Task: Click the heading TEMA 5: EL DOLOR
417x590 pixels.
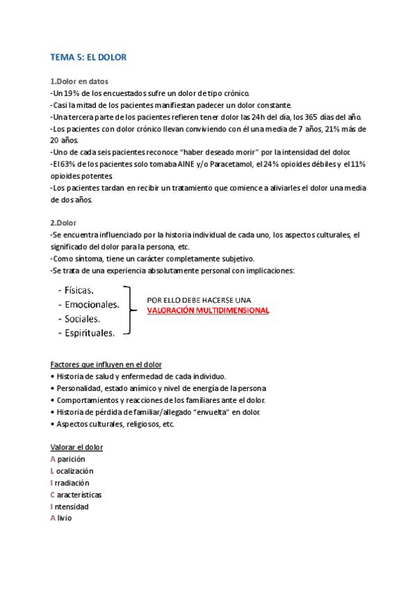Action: [x=88, y=57]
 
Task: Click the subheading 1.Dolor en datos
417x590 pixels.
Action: [x=79, y=81]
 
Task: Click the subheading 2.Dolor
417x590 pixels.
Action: [x=64, y=223]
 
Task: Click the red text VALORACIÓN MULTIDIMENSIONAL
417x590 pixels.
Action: [x=208, y=311]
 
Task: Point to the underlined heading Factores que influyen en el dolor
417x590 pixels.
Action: [x=106, y=365]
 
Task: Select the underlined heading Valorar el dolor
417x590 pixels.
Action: [x=76, y=447]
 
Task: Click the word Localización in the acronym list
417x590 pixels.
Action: [x=74, y=470]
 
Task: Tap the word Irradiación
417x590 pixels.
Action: [x=72, y=482]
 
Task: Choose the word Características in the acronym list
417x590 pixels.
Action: [x=77, y=494]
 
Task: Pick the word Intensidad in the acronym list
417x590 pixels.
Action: [x=72, y=506]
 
